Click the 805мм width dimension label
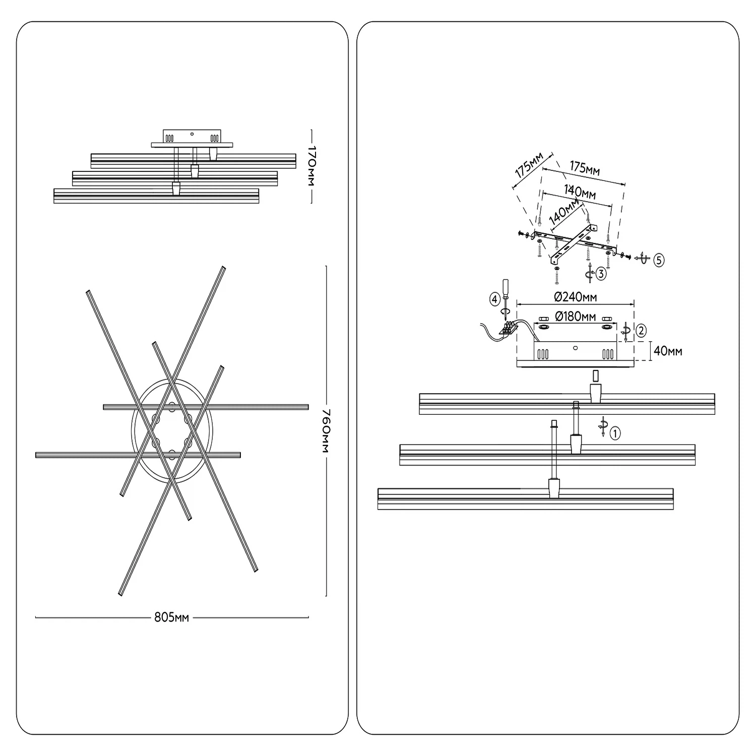(171, 617)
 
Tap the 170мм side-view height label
(311, 166)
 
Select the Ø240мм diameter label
(575, 297)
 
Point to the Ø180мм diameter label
(575, 317)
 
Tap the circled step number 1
(615, 433)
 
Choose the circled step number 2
(641, 331)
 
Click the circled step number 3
(601, 274)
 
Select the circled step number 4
(494, 299)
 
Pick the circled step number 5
(659, 260)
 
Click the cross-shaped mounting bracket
(575, 244)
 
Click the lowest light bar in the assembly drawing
(526, 499)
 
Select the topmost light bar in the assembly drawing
(567, 404)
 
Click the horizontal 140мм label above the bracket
(580, 192)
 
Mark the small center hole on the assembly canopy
(575, 348)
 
